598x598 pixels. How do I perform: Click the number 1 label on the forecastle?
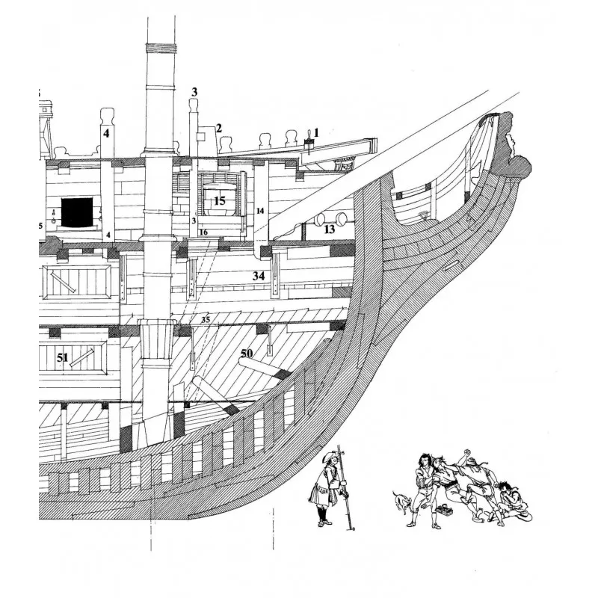(315, 132)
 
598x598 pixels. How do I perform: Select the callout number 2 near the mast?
(219, 128)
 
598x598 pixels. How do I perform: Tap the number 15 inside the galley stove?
(219, 200)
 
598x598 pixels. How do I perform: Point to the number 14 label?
(260, 212)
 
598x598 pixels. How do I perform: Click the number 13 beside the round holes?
(330, 229)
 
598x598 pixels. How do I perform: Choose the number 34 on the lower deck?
(259, 277)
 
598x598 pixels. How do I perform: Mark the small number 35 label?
(206, 320)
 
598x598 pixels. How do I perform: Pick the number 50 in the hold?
(247, 351)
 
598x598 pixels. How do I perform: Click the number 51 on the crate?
(63, 359)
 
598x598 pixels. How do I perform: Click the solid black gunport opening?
(76, 212)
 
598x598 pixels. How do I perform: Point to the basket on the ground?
(449, 513)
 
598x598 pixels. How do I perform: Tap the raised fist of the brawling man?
(468, 452)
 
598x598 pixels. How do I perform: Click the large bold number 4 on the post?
(106, 134)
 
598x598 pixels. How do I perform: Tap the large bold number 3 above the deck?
(194, 92)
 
